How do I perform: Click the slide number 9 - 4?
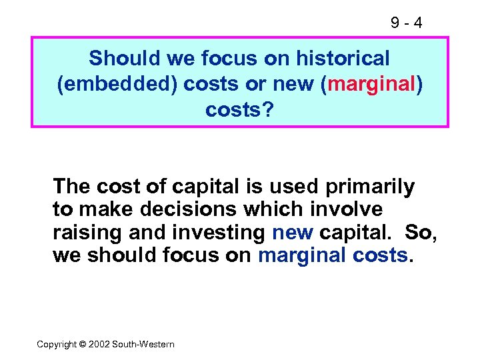(x=406, y=23)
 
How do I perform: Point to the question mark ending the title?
(x=268, y=110)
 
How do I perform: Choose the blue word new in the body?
(x=293, y=232)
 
